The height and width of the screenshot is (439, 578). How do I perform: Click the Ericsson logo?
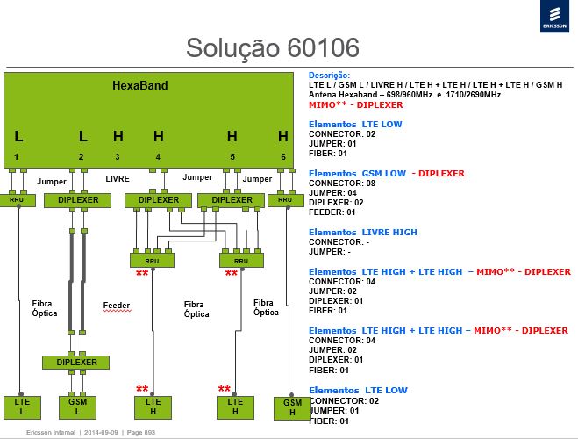click(x=554, y=17)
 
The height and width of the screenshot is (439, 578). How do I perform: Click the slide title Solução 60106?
click(x=273, y=48)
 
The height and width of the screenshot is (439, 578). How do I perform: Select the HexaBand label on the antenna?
click(x=140, y=85)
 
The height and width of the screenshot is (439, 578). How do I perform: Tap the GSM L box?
click(x=77, y=407)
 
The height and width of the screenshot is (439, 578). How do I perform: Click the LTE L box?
click(x=22, y=407)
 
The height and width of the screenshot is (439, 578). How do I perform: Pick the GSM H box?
click(x=292, y=408)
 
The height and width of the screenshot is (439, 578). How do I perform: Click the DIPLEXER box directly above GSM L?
click(x=76, y=363)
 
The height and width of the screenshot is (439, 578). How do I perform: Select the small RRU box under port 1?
click(x=17, y=200)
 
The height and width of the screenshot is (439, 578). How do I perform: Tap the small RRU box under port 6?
click(x=286, y=200)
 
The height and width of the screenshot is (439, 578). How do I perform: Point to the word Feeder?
click(x=117, y=306)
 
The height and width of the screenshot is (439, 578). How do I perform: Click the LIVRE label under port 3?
click(x=118, y=179)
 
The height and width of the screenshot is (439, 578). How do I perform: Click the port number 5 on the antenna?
click(x=232, y=157)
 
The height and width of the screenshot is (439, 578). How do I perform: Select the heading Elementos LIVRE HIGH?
click(x=363, y=233)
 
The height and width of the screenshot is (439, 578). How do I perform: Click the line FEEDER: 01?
click(x=332, y=212)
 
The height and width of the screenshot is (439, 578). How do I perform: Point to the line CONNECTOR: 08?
click(x=342, y=184)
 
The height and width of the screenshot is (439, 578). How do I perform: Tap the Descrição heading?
click(x=329, y=76)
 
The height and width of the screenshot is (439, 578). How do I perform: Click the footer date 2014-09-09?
click(x=101, y=432)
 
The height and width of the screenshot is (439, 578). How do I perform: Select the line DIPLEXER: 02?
click(x=336, y=203)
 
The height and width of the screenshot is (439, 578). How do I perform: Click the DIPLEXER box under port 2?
click(x=77, y=200)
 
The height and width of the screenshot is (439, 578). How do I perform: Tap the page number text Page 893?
click(x=141, y=432)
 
